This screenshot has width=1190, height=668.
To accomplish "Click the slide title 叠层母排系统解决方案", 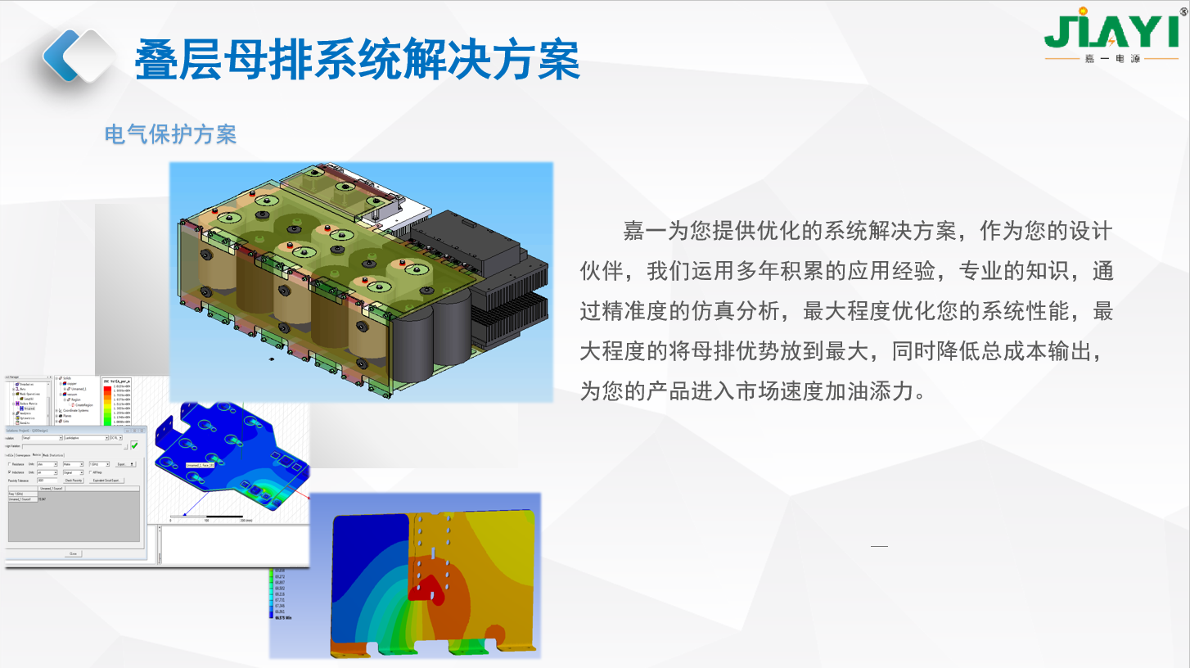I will pos(358,58).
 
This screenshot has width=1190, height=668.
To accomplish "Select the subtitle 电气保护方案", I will pos(170,134).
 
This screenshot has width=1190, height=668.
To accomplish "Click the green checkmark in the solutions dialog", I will pos(134,445).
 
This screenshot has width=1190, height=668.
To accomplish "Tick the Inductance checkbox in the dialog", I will pos(10,472).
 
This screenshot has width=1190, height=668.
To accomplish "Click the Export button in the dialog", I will pos(124,464).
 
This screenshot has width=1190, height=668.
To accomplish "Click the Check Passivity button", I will pos(72,481).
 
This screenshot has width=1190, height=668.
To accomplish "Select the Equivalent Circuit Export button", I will pos(106,481).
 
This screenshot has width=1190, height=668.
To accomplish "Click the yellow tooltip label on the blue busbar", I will pos(201,465).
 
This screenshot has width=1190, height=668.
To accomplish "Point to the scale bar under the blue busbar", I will pos(209,517).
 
